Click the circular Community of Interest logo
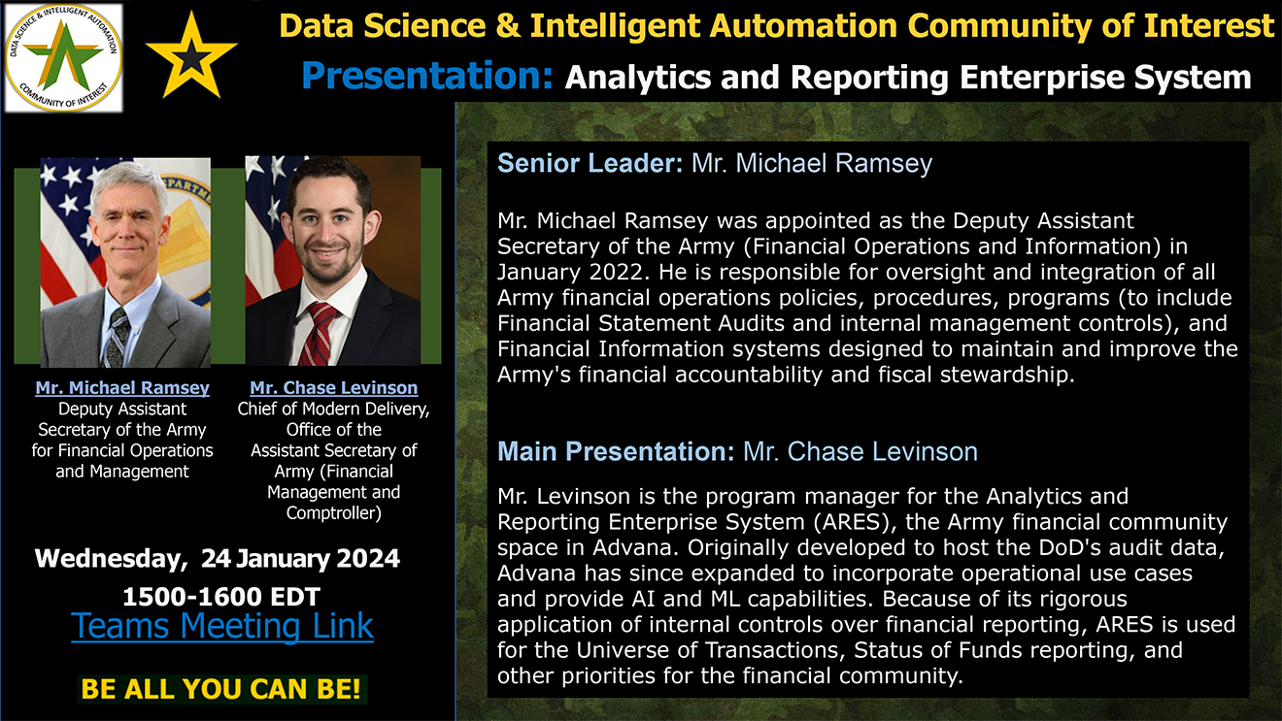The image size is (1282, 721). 63,58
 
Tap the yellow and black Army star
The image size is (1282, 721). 191,56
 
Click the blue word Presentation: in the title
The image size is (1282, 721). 427,76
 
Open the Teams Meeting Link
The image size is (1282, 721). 222,626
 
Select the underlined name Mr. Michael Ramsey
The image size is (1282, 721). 122,387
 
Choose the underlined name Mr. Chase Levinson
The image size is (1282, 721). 334,387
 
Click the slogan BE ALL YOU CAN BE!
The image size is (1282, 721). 220,689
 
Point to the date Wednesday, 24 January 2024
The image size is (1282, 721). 217,559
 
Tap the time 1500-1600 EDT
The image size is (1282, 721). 220,597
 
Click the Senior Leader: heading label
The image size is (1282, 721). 590,164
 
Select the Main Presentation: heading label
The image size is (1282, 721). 616,451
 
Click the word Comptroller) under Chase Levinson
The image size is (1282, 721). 334,513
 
